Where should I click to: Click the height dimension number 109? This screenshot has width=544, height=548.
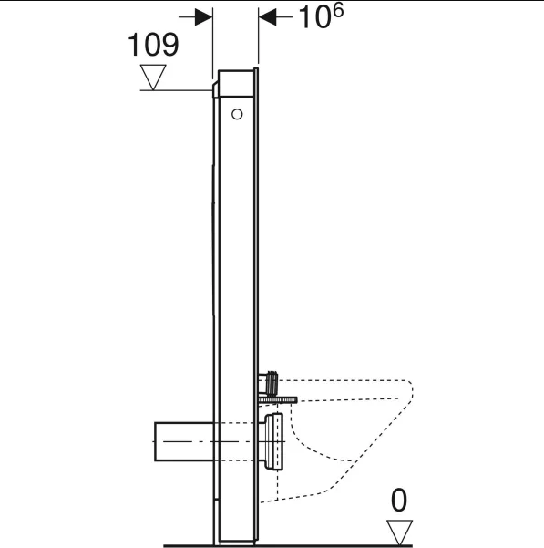[x=153, y=45]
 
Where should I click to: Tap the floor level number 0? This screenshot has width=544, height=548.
[x=399, y=500]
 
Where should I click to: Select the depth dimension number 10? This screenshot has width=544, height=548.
[x=313, y=17]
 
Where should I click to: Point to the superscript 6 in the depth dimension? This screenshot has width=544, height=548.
[x=338, y=9]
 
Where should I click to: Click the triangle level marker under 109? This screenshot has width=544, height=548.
[x=153, y=78]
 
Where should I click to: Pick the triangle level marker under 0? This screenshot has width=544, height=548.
[x=399, y=532]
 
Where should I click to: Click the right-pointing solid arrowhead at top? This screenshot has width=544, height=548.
[x=203, y=16]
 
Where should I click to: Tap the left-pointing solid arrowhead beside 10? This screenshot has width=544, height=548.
[x=268, y=16]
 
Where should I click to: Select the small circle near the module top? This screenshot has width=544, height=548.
[x=237, y=114]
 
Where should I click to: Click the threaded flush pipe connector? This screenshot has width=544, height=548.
[x=269, y=382]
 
